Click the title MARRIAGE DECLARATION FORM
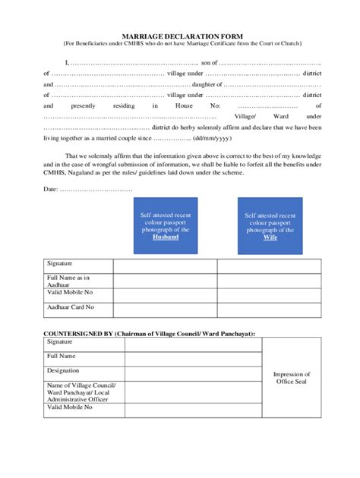click(181, 36)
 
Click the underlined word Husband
click(166, 237)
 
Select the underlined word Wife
click(270, 237)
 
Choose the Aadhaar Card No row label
click(71, 307)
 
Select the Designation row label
click(63, 370)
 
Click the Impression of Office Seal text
click(292, 377)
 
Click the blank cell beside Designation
click(193, 371)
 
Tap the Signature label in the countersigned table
click(60, 342)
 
